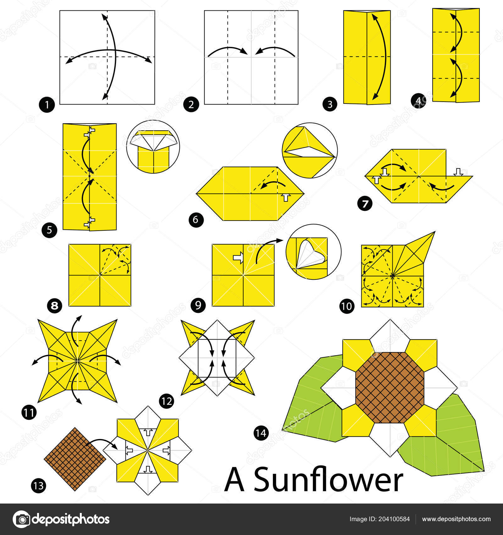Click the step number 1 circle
[47, 104]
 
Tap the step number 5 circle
[49, 230]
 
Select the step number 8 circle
[55, 305]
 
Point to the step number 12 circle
[166, 401]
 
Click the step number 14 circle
[261, 433]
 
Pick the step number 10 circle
[347, 306]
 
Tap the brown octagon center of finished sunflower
[390, 387]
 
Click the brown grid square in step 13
[75, 459]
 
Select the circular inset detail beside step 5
[153, 147]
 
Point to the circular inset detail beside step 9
[313, 252]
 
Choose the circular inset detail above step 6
[310, 150]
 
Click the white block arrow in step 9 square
[238, 257]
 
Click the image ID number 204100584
[395, 519]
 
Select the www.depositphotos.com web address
[456, 519]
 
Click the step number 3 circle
[330, 104]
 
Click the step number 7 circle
[365, 204]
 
